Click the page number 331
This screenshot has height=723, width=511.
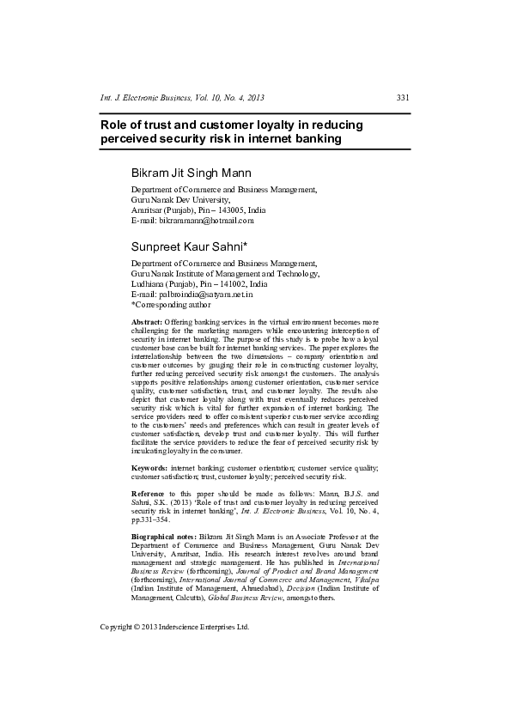pyautogui.click(x=402, y=98)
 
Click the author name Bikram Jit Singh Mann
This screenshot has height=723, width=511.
pyautogui.click(x=191, y=173)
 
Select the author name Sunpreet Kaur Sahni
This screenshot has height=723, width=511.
pyautogui.click(x=189, y=246)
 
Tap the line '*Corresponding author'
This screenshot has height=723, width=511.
pyautogui.click(x=170, y=304)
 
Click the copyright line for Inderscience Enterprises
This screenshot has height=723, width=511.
pyautogui.click(x=174, y=627)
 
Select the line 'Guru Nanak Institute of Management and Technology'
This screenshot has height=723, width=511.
pyautogui.click(x=224, y=273)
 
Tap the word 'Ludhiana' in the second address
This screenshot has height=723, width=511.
pyautogui.click(x=147, y=283)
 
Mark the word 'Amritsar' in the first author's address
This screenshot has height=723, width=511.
pyautogui.click(x=146, y=210)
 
